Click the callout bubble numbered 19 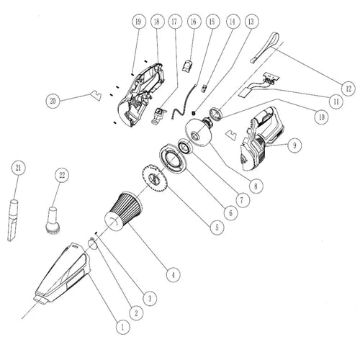coord(137,22)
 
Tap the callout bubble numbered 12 coord(348,89)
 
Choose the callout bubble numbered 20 coord(52,102)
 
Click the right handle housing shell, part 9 coord(263,134)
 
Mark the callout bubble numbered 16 coord(192,22)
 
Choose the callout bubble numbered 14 coord(231,22)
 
